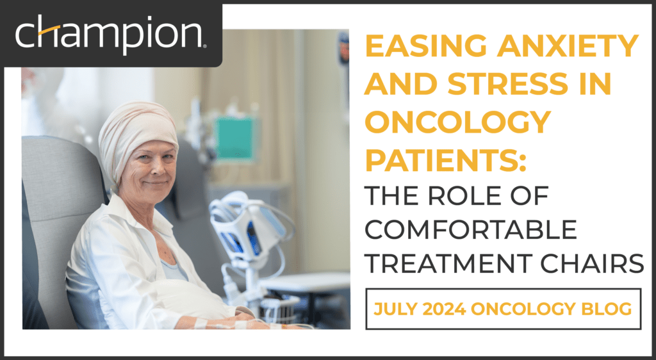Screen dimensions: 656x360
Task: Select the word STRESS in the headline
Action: pyautogui.click(x=508, y=83)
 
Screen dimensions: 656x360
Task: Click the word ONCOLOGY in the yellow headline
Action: pyautogui.click(x=457, y=121)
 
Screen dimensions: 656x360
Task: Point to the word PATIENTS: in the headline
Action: pyautogui.click(x=445, y=160)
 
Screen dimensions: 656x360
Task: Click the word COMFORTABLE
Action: pyautogui.click(x=471, y=229)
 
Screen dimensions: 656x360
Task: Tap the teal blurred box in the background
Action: pyautogui.click(x=234, y=138)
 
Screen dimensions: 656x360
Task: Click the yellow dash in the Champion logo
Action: pyautogui.click(x=48, y=31)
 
